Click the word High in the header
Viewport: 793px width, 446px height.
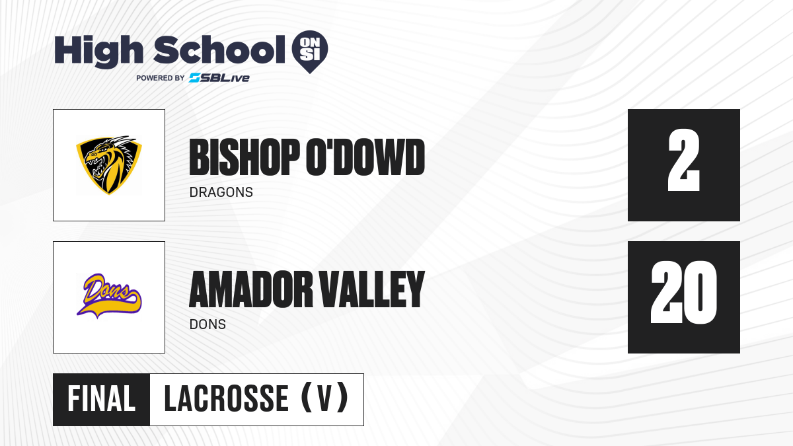coord(98,51)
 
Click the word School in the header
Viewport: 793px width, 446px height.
coord(219,50)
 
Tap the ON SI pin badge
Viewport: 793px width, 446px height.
coord(310,52)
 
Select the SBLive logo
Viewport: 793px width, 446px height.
coord(219,78)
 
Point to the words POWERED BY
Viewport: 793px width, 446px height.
coord(161,78)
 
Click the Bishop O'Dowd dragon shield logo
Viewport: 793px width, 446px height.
coord(109,165)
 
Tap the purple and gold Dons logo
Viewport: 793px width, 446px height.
coord(109,296)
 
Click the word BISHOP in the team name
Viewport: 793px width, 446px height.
coord(245,157)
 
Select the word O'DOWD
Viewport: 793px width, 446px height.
coord(365,157)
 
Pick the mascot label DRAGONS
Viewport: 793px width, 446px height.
coord(221,192)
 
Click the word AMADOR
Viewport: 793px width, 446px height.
coord(251,289)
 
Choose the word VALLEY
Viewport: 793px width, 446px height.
coord(372,289)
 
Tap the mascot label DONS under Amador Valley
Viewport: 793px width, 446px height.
coord(208,324)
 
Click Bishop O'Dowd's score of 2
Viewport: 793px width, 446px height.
coord(683,160)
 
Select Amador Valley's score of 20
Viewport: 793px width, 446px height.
coord(683,292)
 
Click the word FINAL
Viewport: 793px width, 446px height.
coord(102,399)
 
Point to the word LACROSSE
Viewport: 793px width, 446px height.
coord(227,399)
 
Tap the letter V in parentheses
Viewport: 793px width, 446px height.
coord(324,399)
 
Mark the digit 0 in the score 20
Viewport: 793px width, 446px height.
coord(700,292)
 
